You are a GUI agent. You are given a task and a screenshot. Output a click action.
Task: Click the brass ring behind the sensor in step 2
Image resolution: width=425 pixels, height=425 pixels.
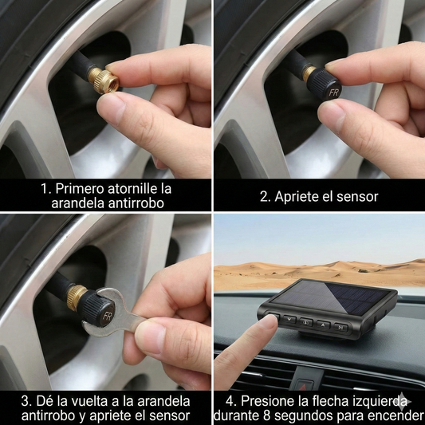308,73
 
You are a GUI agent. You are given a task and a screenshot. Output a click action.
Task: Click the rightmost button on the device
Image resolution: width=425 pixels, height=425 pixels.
340,326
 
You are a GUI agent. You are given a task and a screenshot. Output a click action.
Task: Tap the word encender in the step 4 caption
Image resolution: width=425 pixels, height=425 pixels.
395,416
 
